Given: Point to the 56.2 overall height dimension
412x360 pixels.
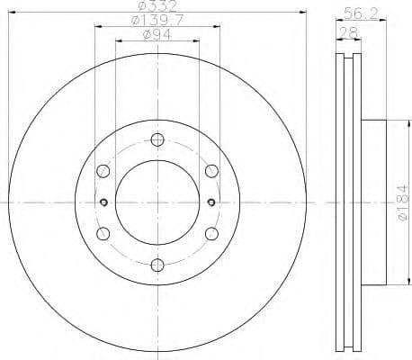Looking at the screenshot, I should click(x=358, y=13).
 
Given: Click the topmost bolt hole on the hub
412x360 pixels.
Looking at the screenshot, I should click(x=157, y=139).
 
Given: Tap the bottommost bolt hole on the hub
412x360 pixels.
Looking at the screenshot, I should click(x=157, y=265).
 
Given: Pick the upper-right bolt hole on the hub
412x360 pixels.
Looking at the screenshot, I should click(x=211, y=171).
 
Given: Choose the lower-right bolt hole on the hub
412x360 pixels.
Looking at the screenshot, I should click(x=211, y=234).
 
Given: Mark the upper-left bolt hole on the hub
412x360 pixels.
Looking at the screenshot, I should click(x=103, y=171).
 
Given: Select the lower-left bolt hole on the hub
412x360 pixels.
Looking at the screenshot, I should click(x=103, y=234).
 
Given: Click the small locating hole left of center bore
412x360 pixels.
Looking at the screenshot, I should click(x=104, y=202).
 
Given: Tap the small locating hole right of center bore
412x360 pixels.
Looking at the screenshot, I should click(x=210, y=202).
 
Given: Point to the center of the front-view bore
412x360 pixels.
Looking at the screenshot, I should click(x=157, y=202).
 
